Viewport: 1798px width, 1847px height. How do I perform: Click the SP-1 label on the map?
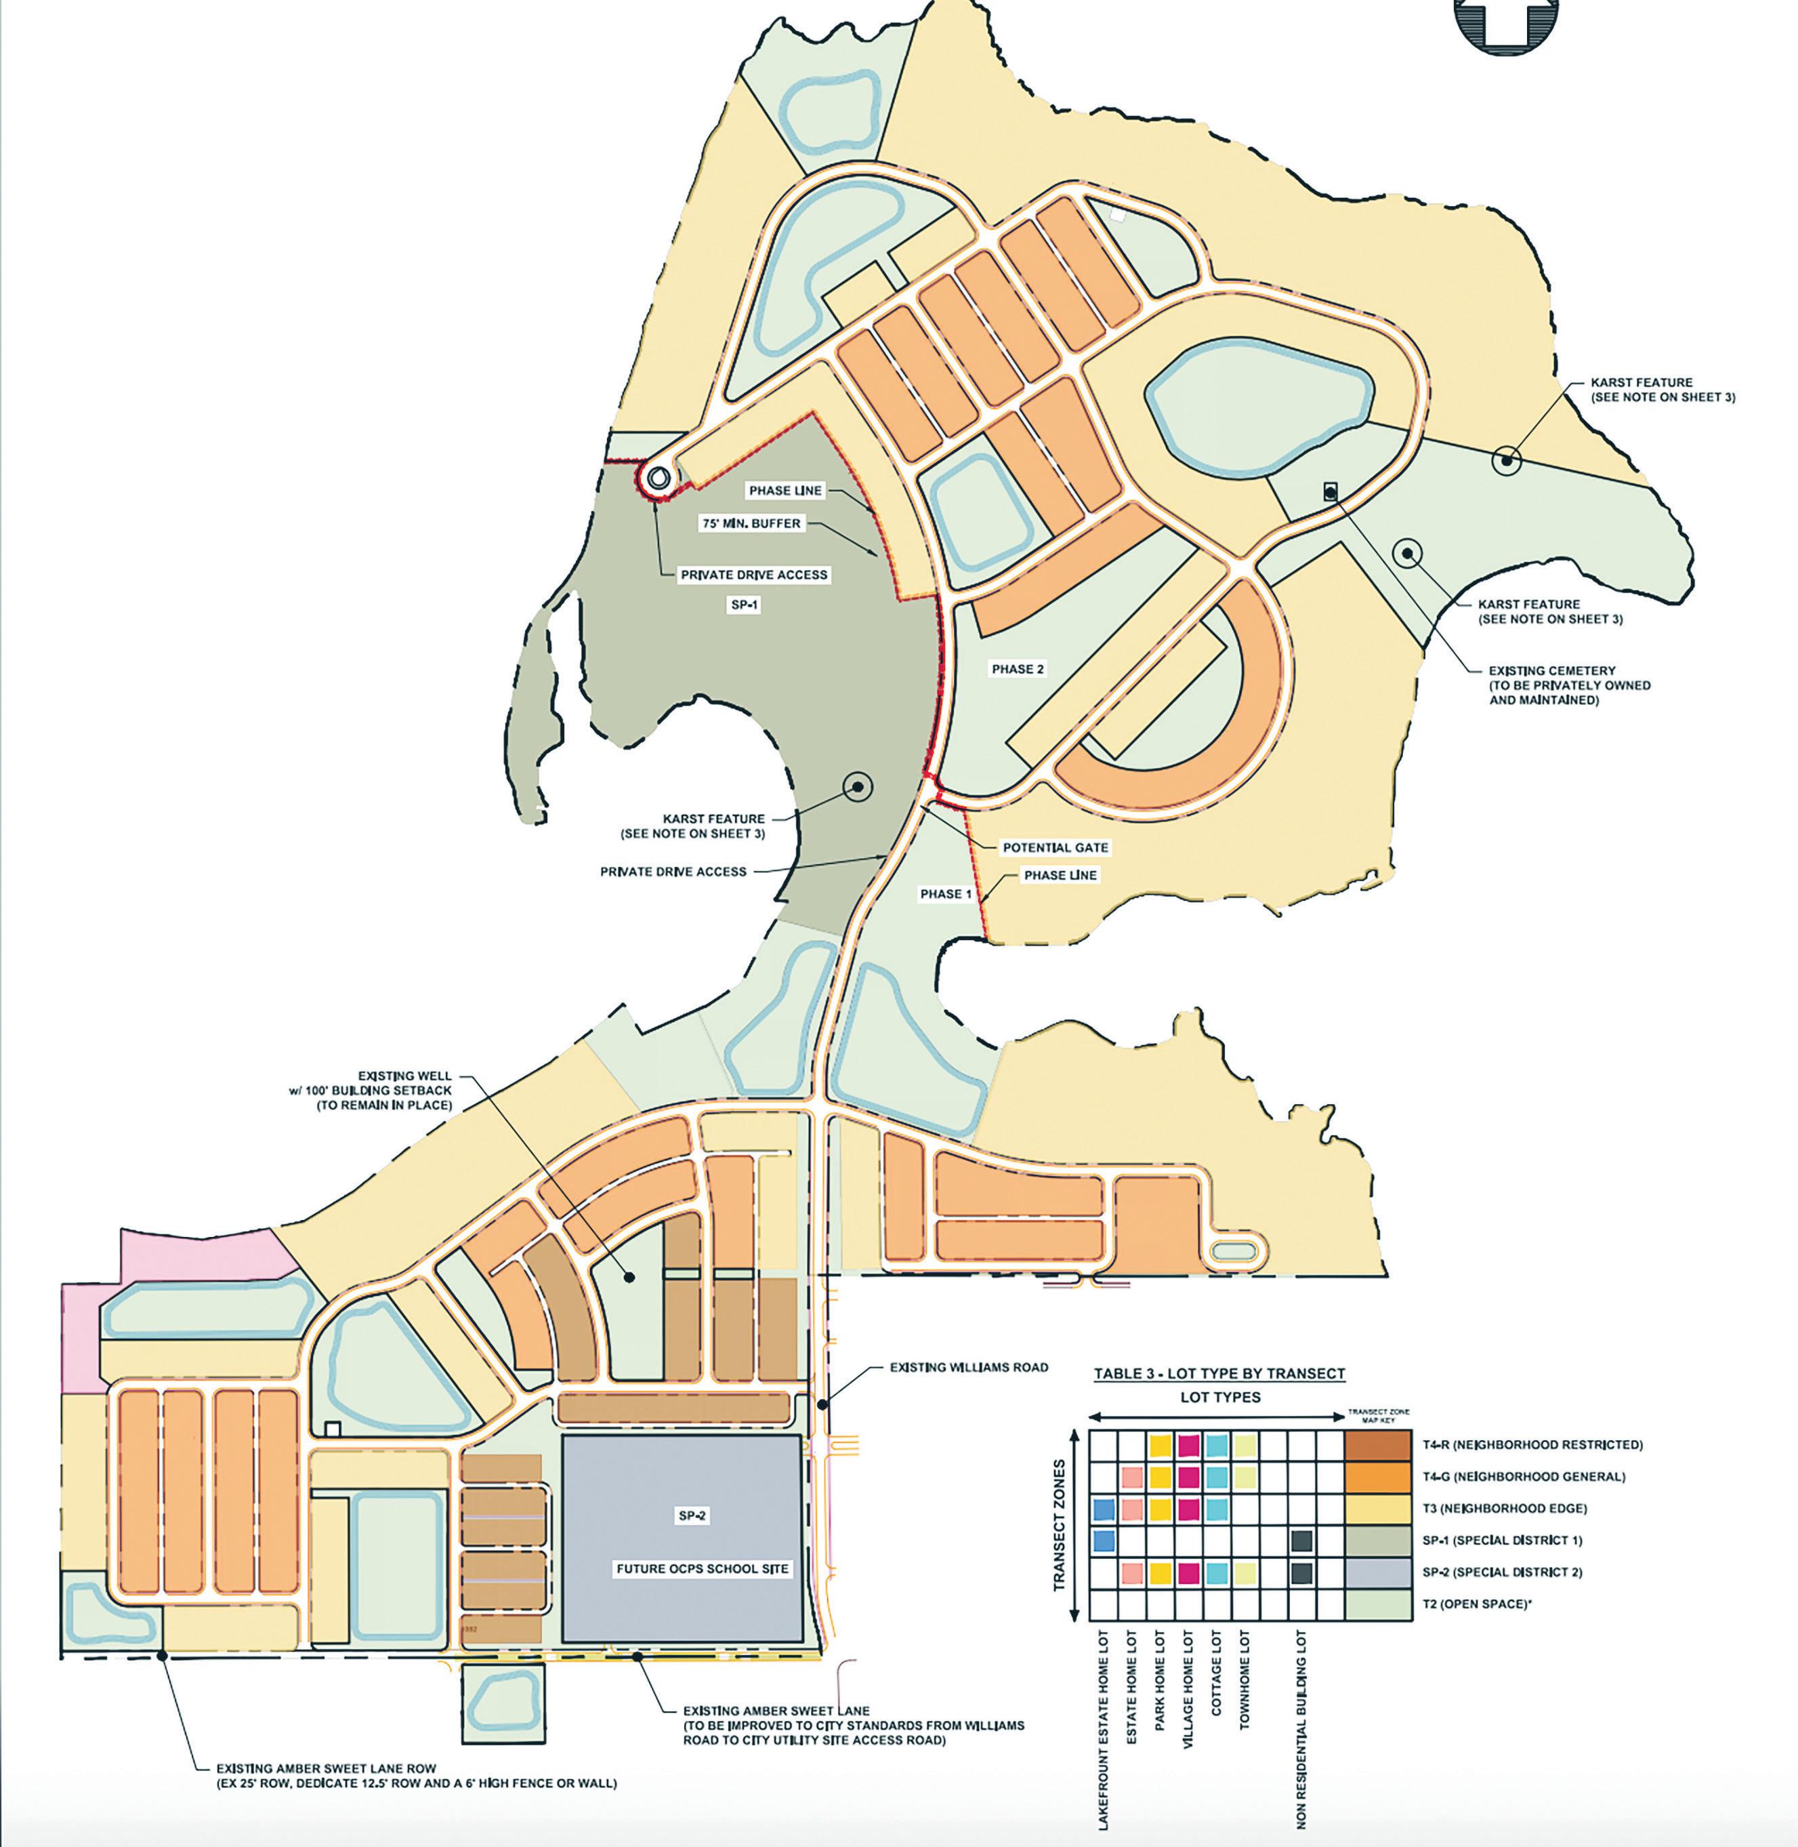click(744, 605)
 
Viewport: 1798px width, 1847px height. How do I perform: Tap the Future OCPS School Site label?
click(703, 1568)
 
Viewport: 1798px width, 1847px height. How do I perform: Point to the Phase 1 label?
click(945, 894)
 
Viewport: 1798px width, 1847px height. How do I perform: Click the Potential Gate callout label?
click(1055, 847)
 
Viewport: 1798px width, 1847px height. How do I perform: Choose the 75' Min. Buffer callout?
click(751, 523)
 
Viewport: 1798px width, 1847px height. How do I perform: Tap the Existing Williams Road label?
click(969, 1367)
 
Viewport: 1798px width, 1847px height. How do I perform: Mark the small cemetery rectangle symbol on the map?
click(1331, 492)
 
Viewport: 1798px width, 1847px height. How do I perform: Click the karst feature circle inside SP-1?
click(858, 786)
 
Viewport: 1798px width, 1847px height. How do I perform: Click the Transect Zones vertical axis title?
click(1060, 1526)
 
